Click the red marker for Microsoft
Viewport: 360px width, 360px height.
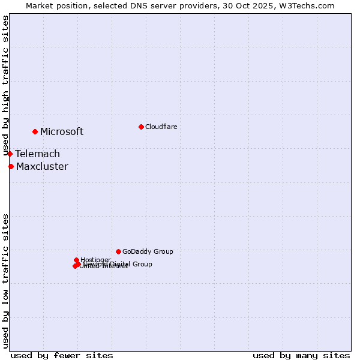click(x=35, y=131)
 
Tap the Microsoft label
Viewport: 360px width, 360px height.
click(x=62, y=132)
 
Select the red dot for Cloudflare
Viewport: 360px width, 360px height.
click(x=141, y=127)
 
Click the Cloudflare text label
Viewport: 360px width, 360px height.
click(x=161, y=127)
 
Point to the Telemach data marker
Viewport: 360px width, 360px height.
click(x=10, y=154)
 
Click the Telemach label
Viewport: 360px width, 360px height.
click(x=38, y=154)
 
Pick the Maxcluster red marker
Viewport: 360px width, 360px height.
click(x=11, y=166)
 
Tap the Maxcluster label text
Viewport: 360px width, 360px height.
click(x=42, y=167)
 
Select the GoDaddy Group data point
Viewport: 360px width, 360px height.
click(x=118, y=251)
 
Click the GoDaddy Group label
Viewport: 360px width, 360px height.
click(x=148, y=252)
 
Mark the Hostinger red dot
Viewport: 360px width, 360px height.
click(x=76, y=260)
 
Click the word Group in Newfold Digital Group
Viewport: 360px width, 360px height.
click(x=142, y=264)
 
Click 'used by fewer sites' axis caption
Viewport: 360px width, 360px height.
click(x=62, y=355)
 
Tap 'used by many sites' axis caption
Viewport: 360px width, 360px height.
click(x=301, y=355)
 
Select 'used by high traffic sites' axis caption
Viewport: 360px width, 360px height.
click(x=5, y=85)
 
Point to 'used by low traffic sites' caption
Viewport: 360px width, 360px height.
click(x=5, y=280)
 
